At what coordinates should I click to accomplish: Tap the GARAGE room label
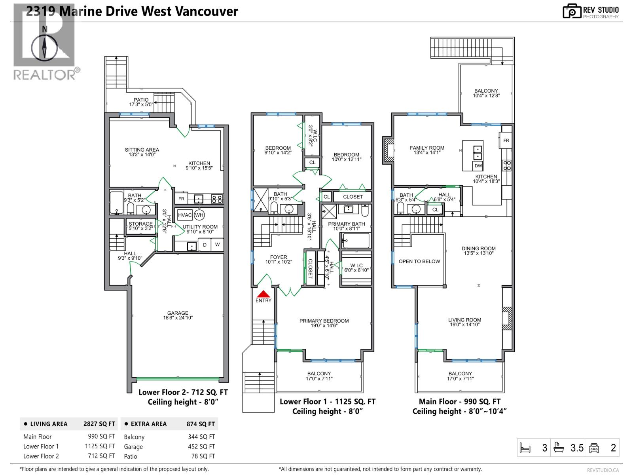[x=178, y=313]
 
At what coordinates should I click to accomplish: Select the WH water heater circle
[x=199, y=215]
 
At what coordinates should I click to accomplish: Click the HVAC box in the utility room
[x=185, y=215]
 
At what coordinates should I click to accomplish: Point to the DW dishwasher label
[x=478, y=166]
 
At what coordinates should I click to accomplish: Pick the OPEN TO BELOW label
[x=419, y=261]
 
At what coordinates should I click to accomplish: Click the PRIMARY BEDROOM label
[x=324, y=321]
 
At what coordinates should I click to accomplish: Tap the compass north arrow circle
[x=44, y=47]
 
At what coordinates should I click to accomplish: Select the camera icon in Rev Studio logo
[x=572, y=11]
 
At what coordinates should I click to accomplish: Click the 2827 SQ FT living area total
[x=99, y=424]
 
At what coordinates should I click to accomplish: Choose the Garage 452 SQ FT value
[x=201, y=446]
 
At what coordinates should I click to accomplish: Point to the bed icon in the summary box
[x=525, y=448]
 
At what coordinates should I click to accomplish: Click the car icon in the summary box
[x=594, y=448]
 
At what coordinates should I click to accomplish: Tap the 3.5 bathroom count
[x=577, y=448]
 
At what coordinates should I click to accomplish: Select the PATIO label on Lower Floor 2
[x=141, y=100]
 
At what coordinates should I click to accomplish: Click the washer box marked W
[x=218, y=245]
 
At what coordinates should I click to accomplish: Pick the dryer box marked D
[x=205, y=245]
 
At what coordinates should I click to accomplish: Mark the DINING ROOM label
[x=478, y=248]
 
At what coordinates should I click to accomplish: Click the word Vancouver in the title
[x=207, y=11]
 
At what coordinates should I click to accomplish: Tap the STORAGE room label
[x=141, y=224]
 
